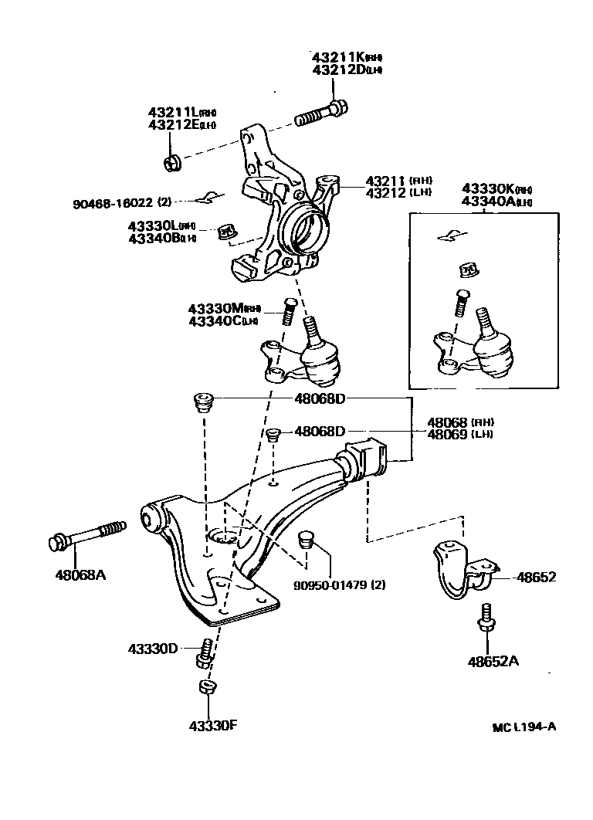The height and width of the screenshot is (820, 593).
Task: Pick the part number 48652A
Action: tap(493, 661)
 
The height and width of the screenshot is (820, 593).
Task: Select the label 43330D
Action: tap(153, 648)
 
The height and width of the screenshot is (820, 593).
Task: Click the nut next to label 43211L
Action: tap(173, 163)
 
